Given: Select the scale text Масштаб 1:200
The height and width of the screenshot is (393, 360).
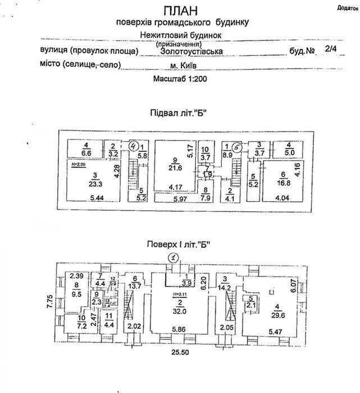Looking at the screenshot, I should pos(181,79).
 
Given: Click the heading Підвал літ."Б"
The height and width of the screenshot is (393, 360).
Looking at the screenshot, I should pos(179,112).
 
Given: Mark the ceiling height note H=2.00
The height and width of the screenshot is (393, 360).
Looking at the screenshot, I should pos(80,164).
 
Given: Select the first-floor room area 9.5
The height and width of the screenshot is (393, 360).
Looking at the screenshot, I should pos(77,292).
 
